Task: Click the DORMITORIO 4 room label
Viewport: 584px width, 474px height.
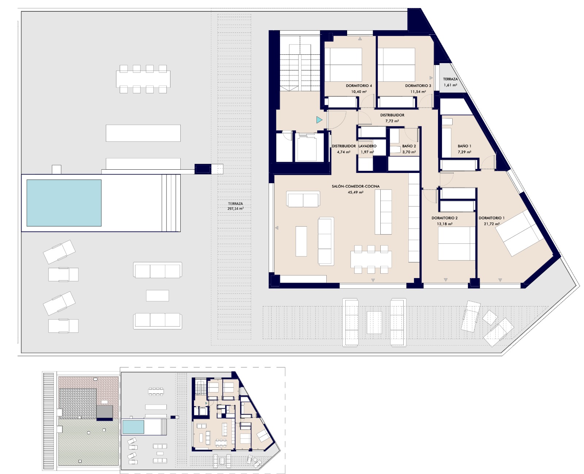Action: pos(359,86)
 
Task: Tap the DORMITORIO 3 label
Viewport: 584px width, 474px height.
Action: pos(418,86)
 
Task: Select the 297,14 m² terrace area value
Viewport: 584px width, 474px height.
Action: pos(235,209)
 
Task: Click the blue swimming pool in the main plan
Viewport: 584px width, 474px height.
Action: pos(64,203)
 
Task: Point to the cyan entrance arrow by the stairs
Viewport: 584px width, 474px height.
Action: pos(319,120)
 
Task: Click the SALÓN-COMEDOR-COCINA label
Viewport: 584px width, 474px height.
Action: pos(356,186)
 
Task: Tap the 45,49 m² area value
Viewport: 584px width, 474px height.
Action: pos(356,192)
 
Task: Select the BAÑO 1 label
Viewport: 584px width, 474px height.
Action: pos(464,146)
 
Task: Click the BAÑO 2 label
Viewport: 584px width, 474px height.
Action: pos(409,146)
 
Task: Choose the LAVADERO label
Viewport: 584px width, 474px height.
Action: pos(368,146)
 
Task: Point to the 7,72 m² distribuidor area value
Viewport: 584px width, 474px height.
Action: pos(392,121)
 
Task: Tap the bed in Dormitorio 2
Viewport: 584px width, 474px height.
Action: pos(457,243)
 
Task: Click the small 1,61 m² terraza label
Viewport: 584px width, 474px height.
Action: pos(450,82)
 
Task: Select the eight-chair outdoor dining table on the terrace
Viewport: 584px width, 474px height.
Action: pos(143,79)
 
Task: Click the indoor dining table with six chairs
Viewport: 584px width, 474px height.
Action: pos(371,259)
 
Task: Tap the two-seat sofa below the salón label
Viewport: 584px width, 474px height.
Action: pos(303,199)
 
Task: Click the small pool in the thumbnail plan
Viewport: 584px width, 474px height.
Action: pos(133,427)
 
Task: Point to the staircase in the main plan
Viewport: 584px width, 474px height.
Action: pos(300,63)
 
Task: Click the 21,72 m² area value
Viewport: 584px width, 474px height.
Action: pos(492,224)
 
